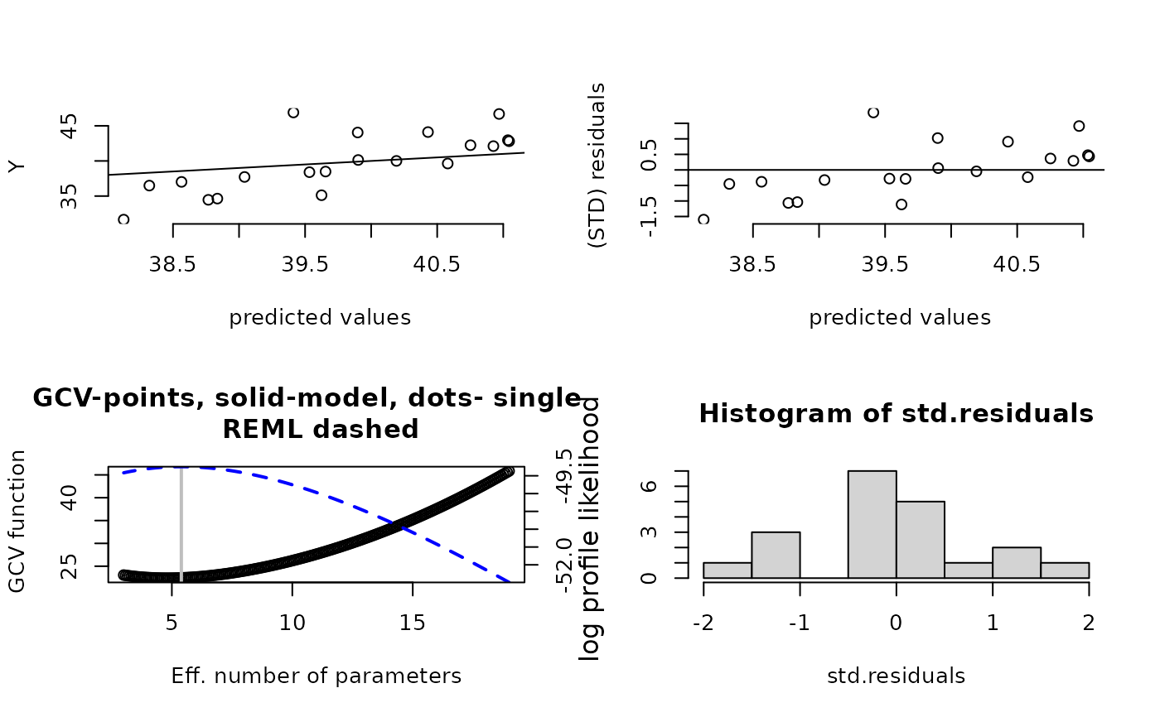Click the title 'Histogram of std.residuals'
click(x=896, y=414)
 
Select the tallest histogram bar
click(x=872, y=524)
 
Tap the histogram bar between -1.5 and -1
click(x=776, y=555)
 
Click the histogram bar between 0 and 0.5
click(x=920, y=539)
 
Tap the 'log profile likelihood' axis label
click(x=590, y=530)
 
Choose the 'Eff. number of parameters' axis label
click(x=316, y=676)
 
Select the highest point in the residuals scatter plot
click(x=873, y=113)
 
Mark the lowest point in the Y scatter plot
click(x=123, y=219)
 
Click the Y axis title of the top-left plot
click(x=17, y=166)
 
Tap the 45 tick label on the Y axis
click(x=71, y=126)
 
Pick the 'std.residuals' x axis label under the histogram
click(x=896, y=676)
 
